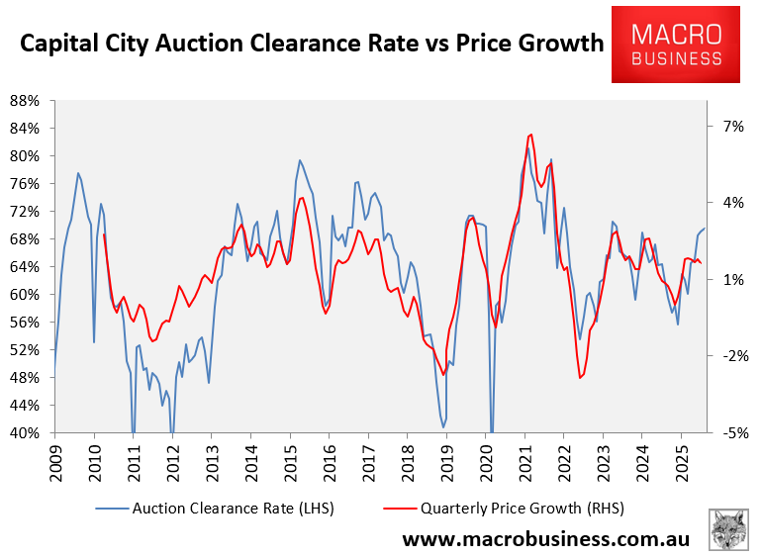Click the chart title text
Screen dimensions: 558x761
(x=311, y=44)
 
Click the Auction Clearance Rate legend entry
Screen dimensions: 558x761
(x=216, y=508)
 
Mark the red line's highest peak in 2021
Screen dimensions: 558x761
(x=531, y=135)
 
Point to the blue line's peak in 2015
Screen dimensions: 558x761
(x=299, y=160)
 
